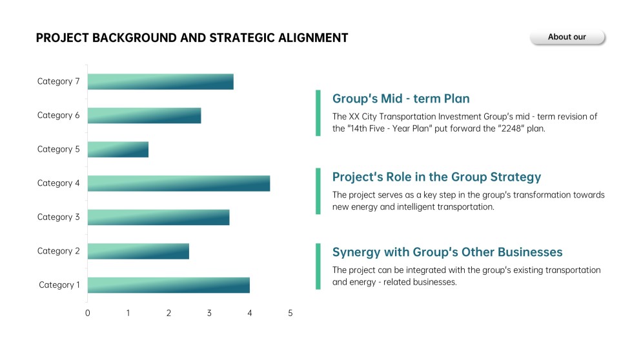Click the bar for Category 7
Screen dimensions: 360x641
tap(160, 82)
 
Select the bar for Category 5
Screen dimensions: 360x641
tap(118, 150)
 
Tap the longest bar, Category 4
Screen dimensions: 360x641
tap(178, 183)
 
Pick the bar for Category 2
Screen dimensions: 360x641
tap(138, 251)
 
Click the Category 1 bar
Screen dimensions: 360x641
tap(168, 285)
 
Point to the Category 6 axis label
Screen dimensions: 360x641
tap(59, 115)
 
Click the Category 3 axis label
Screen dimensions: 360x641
tap(59, 217)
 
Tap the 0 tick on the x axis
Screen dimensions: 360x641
tap(88, 314)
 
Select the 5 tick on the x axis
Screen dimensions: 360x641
tap(290, 314)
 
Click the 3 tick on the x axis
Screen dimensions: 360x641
tap(209, 314)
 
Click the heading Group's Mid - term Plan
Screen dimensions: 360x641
tap(401, 99)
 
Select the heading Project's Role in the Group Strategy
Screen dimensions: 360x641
tap(436, 177)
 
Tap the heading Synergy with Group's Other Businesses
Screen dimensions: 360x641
tap(447, 252)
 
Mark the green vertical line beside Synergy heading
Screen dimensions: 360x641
tap(318, 266)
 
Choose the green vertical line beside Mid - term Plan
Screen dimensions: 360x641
tap(318, 113)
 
